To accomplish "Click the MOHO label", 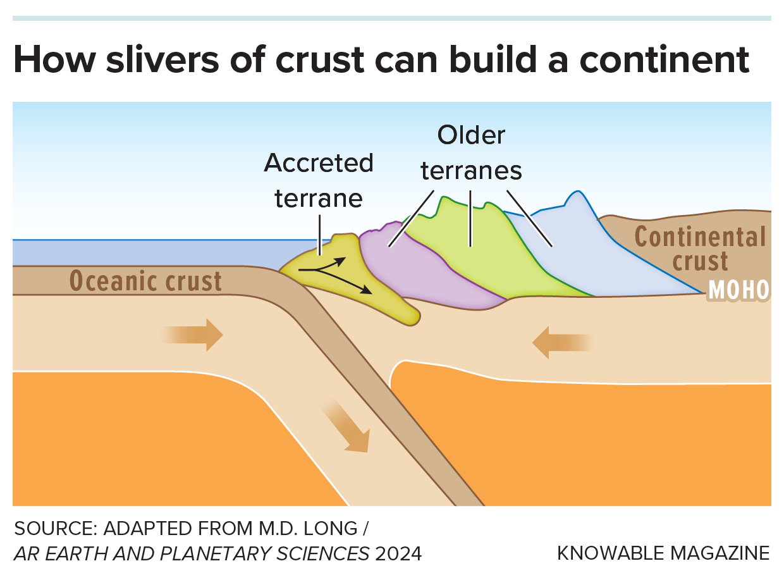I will click(x=738, y=290).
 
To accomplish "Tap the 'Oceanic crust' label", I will click(x=145, y=281).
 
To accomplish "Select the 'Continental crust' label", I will click(x=699, y=249).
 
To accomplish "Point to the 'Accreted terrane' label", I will click(x=319, y=180).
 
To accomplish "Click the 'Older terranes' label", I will click(x=472, y=152).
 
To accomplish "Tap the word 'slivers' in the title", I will click(x=157, y=60).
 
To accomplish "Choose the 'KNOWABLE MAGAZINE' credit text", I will click(x=663, y=553).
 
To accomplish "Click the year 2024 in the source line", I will click(x=398, y=554).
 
